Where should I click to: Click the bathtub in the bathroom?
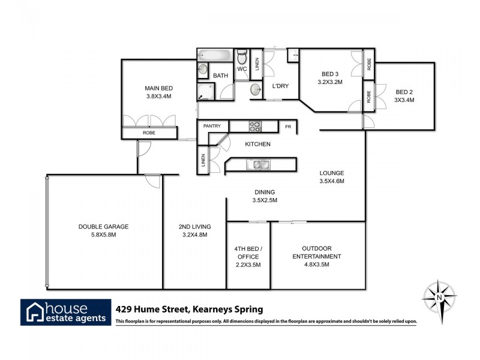(215, 55)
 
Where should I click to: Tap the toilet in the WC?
(242, 58)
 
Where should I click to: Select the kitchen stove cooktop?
(254, 127)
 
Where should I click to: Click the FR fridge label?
(288, 127)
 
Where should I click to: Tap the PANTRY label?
(212, 126)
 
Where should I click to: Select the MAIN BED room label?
(158, 86)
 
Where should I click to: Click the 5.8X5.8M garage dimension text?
(103, 235)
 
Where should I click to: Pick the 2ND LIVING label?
(194, 227)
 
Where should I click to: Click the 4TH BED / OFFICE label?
(248, 252)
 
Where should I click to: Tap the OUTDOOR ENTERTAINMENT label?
(317, 252)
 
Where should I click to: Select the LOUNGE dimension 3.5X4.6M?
(332, 181)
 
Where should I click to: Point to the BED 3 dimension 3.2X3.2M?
(330, 82)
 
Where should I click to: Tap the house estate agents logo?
(66, 312)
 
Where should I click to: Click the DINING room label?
(265, 192)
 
